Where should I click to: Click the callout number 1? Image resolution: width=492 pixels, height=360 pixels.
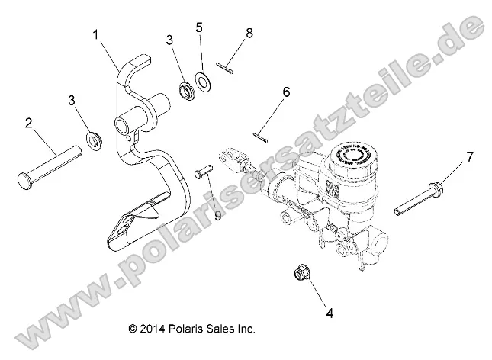[96, 34]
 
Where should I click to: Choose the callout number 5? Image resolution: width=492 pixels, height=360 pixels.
[199, 29]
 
